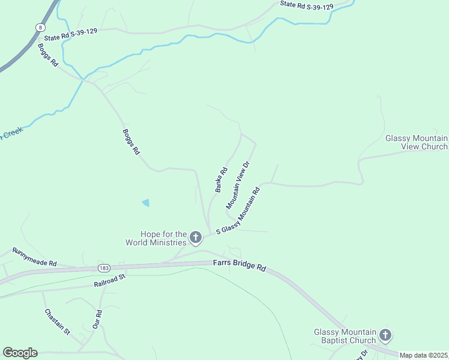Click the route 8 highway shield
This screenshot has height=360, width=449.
pyautogui.click(x=38, y=27)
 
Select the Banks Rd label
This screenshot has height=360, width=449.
pyautogui.click(x=221, y=179)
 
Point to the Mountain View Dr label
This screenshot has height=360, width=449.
pyautogui.click(x=237, y=185)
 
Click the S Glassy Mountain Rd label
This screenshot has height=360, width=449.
pyautogui.click(x=238, y=211)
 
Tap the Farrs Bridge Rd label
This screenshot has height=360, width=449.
pyautogui.click(x=240, y=265)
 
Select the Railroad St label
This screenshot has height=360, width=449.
pyautogui.click(x=109, y=280)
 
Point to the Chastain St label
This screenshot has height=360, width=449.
pyautogui.click(x=58, y=322)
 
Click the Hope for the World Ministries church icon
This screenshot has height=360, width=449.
pyautogui.click(x=196, y=238)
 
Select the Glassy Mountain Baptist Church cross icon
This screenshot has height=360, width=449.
pyautogui.click(x=385, y=336)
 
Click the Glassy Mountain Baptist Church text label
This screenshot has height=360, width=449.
pyautogui.click(x=345, y=337)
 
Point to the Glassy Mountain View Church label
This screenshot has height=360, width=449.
pyautogui.click(x=416, y=142)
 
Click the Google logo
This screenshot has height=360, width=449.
pyautogui.click(x=20, y=352)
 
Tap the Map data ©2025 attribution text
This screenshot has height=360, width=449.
pyautogui.click(x=424, y=355)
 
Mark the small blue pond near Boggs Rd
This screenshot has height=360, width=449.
pyautogui.click(x=146, y=203)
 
